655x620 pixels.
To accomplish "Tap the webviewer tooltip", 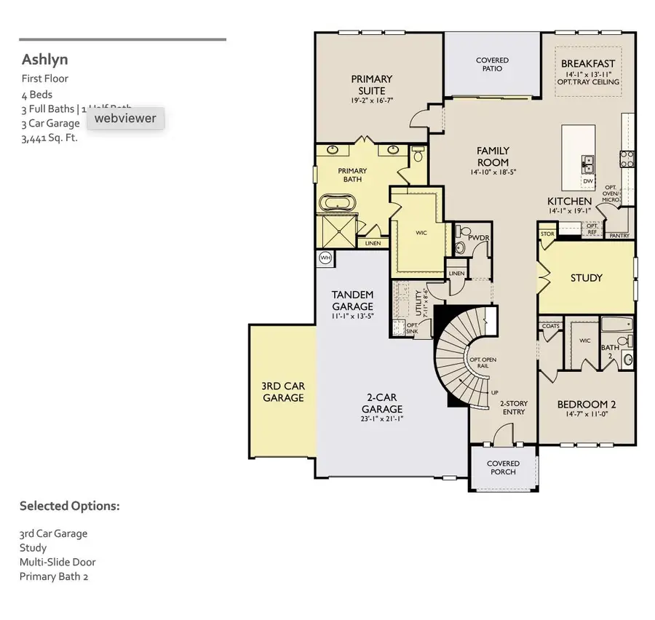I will pos(125,118).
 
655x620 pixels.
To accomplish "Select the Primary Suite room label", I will pos(371,84).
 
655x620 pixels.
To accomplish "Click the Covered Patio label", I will pos(492,65).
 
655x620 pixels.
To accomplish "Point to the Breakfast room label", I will pos(588,64).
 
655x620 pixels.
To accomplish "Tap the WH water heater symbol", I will pos(325,258).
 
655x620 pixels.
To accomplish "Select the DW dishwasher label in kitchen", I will pos(587,180).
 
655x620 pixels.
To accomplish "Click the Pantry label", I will pos(619,236).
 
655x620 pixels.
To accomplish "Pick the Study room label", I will pos(586,278).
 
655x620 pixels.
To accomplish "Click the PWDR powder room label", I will pos(477,237).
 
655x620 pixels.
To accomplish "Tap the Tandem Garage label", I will pos(352,301).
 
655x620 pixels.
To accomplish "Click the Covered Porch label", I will pos(503,467).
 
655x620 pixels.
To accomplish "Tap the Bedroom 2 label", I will pos(586,405).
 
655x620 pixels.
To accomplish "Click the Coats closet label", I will pos(551,326).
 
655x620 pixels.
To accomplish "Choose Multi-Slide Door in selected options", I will pos(57,562).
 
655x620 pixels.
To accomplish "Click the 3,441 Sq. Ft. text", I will pos(49,138).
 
